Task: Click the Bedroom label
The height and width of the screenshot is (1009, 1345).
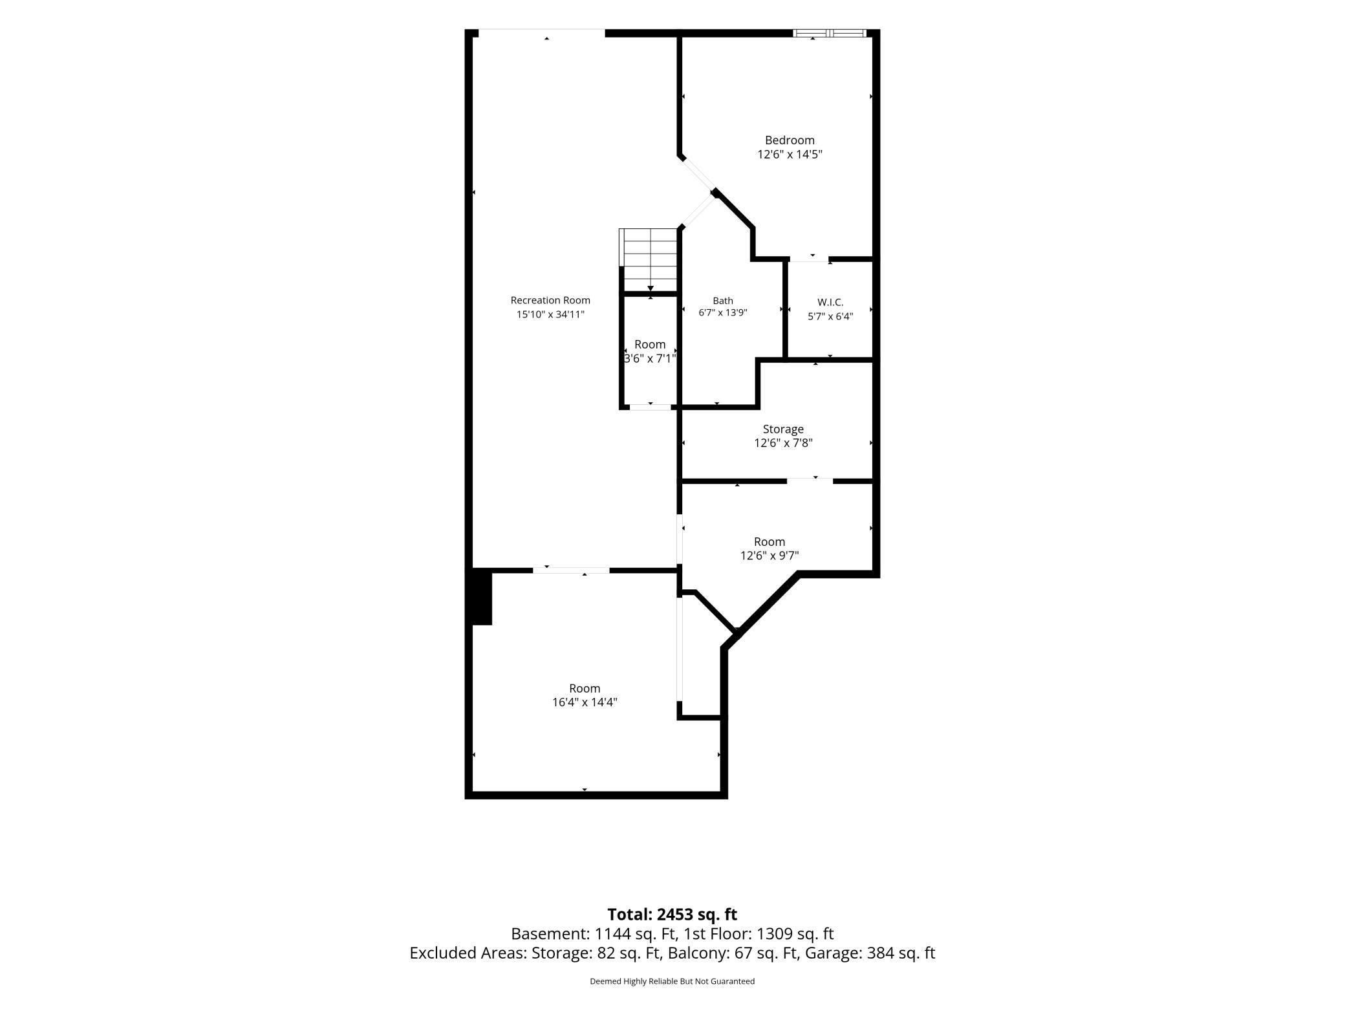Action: tap(790, 140)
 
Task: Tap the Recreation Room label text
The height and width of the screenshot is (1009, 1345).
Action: tap(550, 300)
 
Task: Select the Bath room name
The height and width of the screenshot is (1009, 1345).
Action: tap(723, 301)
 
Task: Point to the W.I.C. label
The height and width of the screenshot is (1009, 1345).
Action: tap(830, 302)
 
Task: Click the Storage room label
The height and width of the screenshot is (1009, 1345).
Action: tap(783, 429)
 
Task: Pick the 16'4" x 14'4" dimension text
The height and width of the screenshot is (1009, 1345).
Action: tap(585, 702)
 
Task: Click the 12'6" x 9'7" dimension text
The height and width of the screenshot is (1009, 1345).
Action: tap(769, 556)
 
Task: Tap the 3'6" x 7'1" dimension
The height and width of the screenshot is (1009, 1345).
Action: tap(650, 358)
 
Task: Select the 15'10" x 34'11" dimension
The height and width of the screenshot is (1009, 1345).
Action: tap(550, 314)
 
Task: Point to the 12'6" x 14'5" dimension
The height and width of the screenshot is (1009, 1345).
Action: tap(790, 155)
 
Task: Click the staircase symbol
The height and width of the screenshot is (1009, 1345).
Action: tap(649, 260)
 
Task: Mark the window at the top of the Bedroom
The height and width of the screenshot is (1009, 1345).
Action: tap(830, 33)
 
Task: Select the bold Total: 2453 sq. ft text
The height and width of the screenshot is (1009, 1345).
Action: tap(672, 914)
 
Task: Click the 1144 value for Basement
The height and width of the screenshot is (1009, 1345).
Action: tap(611, 934)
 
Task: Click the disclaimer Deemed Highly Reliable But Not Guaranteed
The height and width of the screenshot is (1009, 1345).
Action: tap(672, 981)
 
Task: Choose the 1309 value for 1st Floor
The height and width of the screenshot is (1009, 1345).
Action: tap(773, 934)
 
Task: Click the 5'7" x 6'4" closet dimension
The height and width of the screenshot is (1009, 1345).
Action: tap(830, 317)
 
